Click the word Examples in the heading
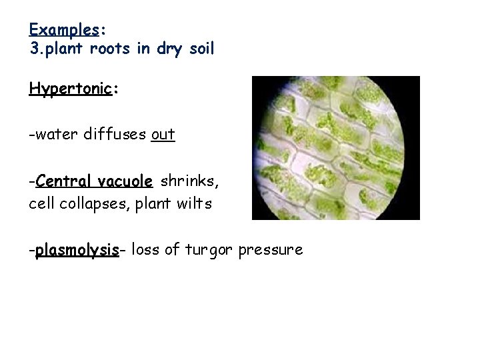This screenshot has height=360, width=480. pyautogui.click(x=64, y=31)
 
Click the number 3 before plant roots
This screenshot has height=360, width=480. pyautogui.click(x=34, y=49)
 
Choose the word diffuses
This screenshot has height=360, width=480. pyautogui.click(x=111, y=135)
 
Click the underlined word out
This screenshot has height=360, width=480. pyautogui.click(x=163, y=135)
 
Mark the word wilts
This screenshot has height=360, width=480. pyautogui.click(x=194, y=204)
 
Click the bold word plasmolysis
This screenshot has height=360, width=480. pyautogui.click(x=76, y=251)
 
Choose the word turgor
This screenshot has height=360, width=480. pyautogui.click(x=206, y=251)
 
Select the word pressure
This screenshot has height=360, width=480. pyautogui.click(x=271, y=251)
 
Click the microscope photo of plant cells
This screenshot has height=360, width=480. pyautogui.click(x=335, y=148)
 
